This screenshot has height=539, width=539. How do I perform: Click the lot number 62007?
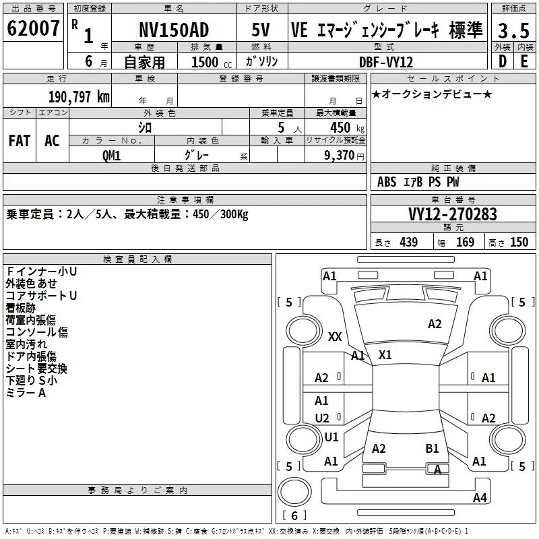pos(33,28)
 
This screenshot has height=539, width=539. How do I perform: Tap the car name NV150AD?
pos(174,30)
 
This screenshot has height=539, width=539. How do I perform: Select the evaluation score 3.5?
pos(513,30)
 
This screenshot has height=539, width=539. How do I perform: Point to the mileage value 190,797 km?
pos(79,97)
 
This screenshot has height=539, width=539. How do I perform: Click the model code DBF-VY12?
pos(386,62)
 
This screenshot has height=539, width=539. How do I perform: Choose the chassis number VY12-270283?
pos(453,214)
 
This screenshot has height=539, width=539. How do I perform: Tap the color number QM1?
pos(111,156)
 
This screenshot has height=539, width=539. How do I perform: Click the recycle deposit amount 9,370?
pos(339,156)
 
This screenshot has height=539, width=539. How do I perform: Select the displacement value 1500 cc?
pos(212,62)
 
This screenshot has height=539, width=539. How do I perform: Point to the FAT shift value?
pos(20,141)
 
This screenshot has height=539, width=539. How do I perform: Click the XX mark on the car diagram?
pos(335,336)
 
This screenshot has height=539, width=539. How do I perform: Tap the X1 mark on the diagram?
pos(385,355)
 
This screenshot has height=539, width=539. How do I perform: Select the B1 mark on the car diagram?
pos(432,449)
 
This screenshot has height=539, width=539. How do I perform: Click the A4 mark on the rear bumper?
pos(480,497)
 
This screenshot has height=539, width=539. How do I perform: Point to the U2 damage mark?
pos(322,418)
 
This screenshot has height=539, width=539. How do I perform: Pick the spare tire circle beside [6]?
pos(294,492)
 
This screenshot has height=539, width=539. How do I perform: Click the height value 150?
pos(519,243)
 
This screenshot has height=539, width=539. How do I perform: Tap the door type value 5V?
pos(261,30)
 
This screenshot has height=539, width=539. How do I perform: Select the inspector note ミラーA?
pos(26,393)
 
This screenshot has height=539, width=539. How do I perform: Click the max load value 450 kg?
pos(347,128)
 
